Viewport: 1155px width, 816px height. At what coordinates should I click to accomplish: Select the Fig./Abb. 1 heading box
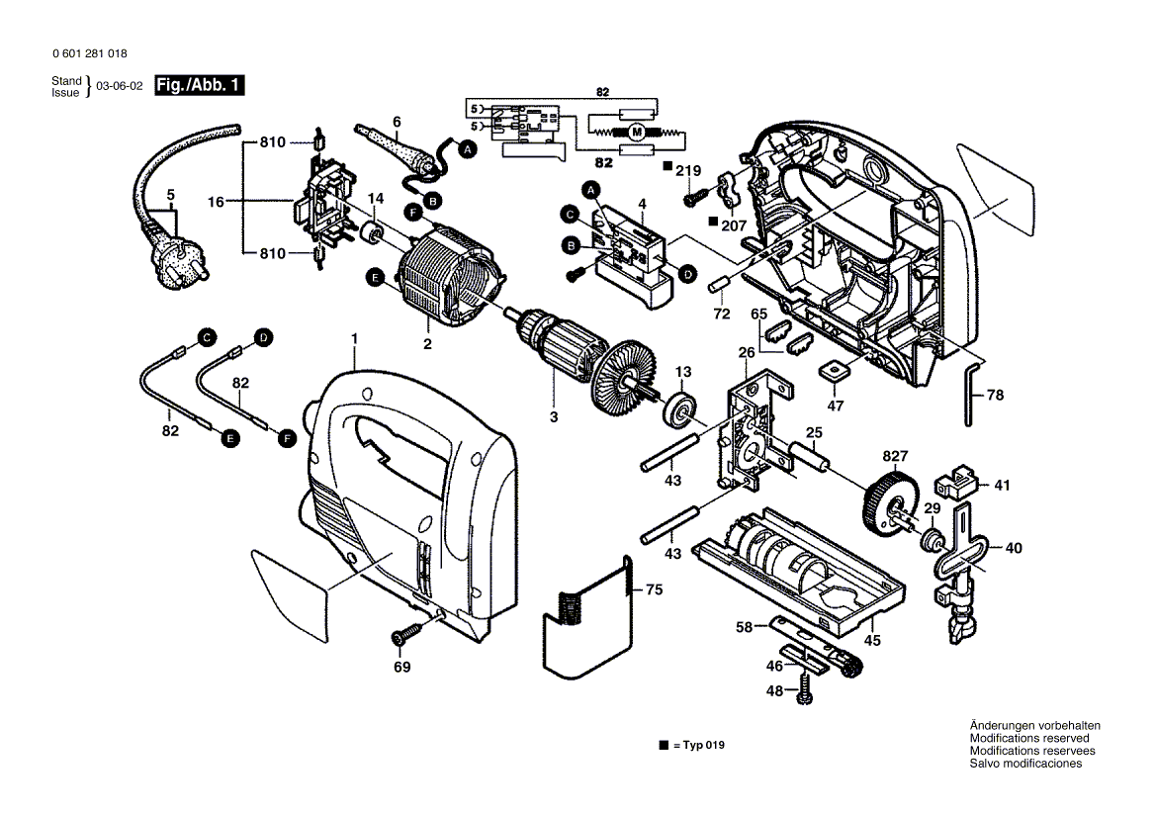point(202,86)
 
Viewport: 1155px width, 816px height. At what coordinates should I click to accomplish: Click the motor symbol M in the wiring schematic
point(638,132)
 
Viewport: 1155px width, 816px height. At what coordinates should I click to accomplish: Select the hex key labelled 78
point(971,393)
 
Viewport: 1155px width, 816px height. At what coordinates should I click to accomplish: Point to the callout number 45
point(872,640)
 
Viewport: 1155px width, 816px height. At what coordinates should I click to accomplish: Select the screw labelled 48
point(808,686)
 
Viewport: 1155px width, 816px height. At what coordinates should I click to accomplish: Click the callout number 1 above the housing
point(354,339)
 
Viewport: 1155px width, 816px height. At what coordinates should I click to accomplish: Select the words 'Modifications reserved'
point(1029,738)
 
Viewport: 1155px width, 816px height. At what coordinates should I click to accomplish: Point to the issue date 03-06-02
point(119,87)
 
